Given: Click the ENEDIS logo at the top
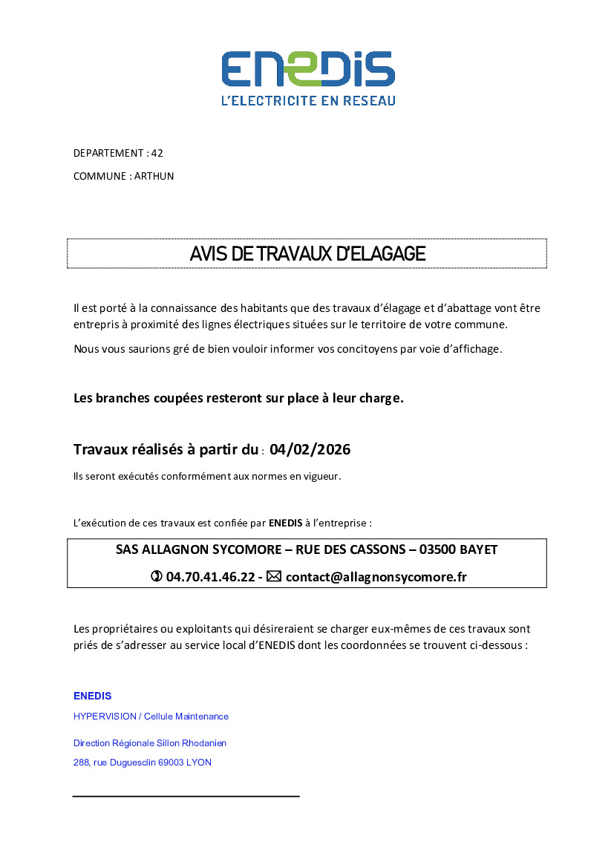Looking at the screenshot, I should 307,69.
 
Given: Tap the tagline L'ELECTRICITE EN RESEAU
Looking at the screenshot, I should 307,100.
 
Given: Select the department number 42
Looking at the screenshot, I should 157,154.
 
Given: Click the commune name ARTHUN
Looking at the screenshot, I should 154,177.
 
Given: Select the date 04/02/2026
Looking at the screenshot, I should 310,450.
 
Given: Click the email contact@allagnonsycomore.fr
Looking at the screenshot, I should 376,577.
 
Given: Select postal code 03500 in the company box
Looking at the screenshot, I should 439,550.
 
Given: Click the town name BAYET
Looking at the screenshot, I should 480,550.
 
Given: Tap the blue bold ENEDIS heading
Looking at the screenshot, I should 93,696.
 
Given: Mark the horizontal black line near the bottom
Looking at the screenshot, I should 186,796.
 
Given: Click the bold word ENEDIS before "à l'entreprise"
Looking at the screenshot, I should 285,523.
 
